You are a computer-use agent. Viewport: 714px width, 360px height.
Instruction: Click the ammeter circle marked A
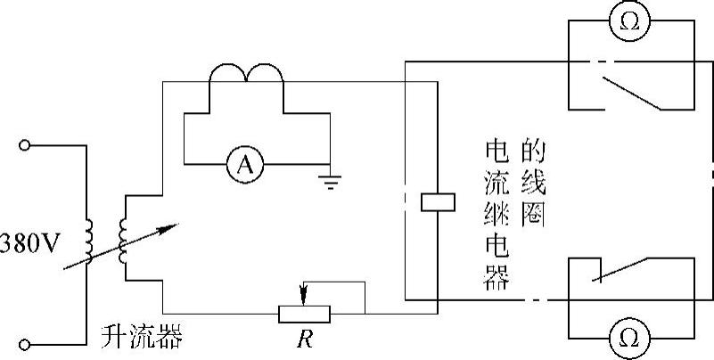(245, 164)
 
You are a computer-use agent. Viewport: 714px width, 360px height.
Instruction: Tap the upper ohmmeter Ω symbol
(629, 20)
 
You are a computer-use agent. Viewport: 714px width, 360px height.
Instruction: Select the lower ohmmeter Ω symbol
(629, 338)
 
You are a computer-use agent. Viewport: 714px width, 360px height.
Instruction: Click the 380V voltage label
(29, 245)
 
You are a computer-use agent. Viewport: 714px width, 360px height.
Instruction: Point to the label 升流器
(142, 337)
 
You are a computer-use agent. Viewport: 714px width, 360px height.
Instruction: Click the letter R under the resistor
(304, 340)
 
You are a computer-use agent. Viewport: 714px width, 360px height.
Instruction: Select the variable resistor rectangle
(304, 314)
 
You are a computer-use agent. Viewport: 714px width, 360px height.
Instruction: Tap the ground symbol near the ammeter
(330, 181)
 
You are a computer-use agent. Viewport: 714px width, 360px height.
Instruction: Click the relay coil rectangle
(438, 202)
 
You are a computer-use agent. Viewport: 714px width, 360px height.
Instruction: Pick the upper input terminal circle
(25, 145)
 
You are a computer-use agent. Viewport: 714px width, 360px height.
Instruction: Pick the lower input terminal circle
(25, 345)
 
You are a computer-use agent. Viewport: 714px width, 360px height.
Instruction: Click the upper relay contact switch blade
(632, 94)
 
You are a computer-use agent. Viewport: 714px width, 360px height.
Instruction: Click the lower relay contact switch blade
(620, 269)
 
